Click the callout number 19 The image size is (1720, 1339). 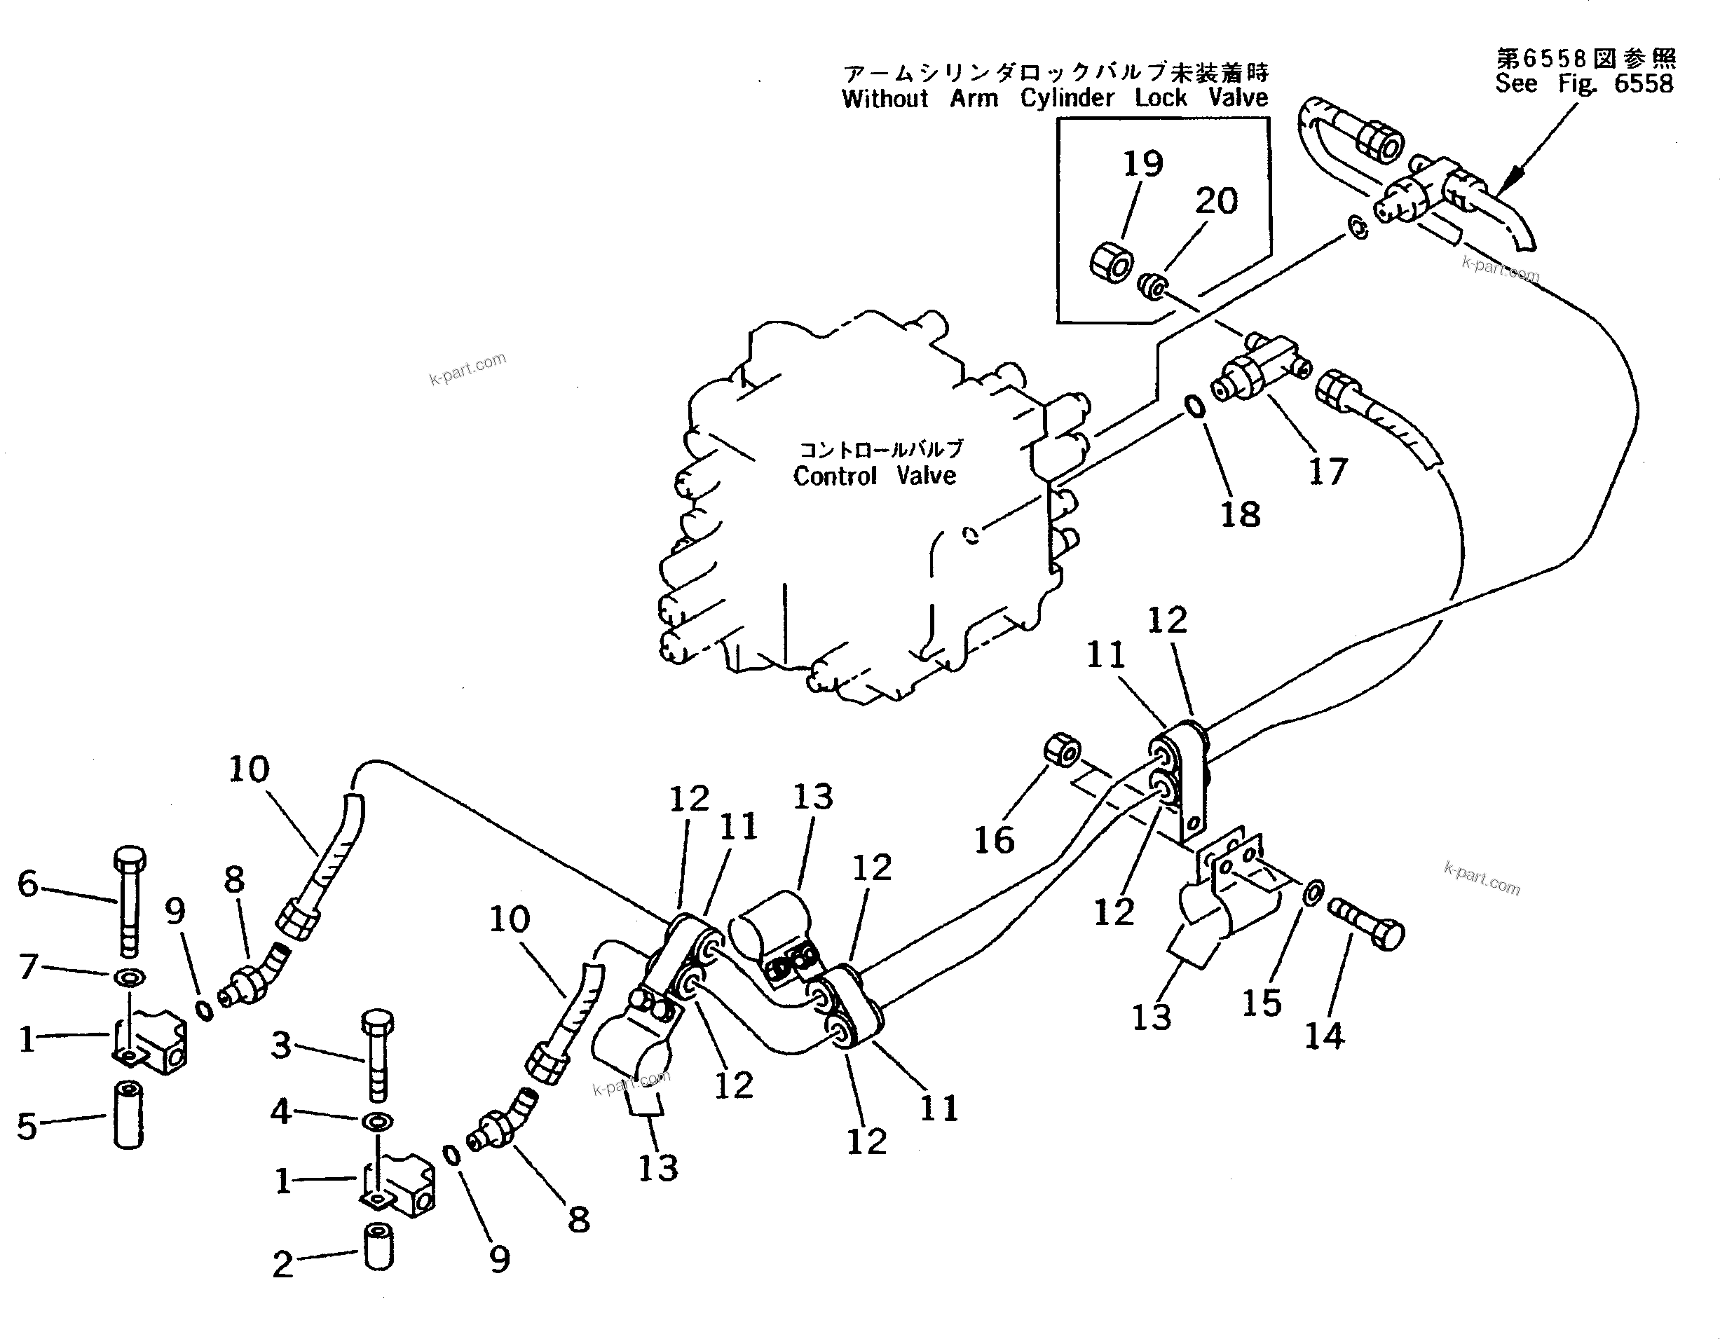[1142, 164]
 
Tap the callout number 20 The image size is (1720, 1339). [1217, 200]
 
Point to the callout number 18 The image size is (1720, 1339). [1240, 515]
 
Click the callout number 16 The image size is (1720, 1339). [994, 841]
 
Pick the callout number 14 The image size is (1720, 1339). [1325, 1036]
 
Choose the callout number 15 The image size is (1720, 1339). [1262, 1003]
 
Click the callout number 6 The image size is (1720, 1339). [28, 884]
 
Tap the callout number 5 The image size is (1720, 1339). [27, 1127]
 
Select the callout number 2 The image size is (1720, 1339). [282, 1264]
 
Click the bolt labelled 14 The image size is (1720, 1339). [1366, 925]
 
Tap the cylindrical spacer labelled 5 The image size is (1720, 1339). [128, 1115]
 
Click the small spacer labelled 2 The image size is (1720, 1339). [378, 1246]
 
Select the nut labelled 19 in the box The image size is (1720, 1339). [1112, 262]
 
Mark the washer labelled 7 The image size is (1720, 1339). [129, 977]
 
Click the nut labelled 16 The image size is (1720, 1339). [1063, 750]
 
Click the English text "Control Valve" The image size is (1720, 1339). [874, 476]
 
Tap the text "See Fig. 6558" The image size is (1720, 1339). [1584, 83]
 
